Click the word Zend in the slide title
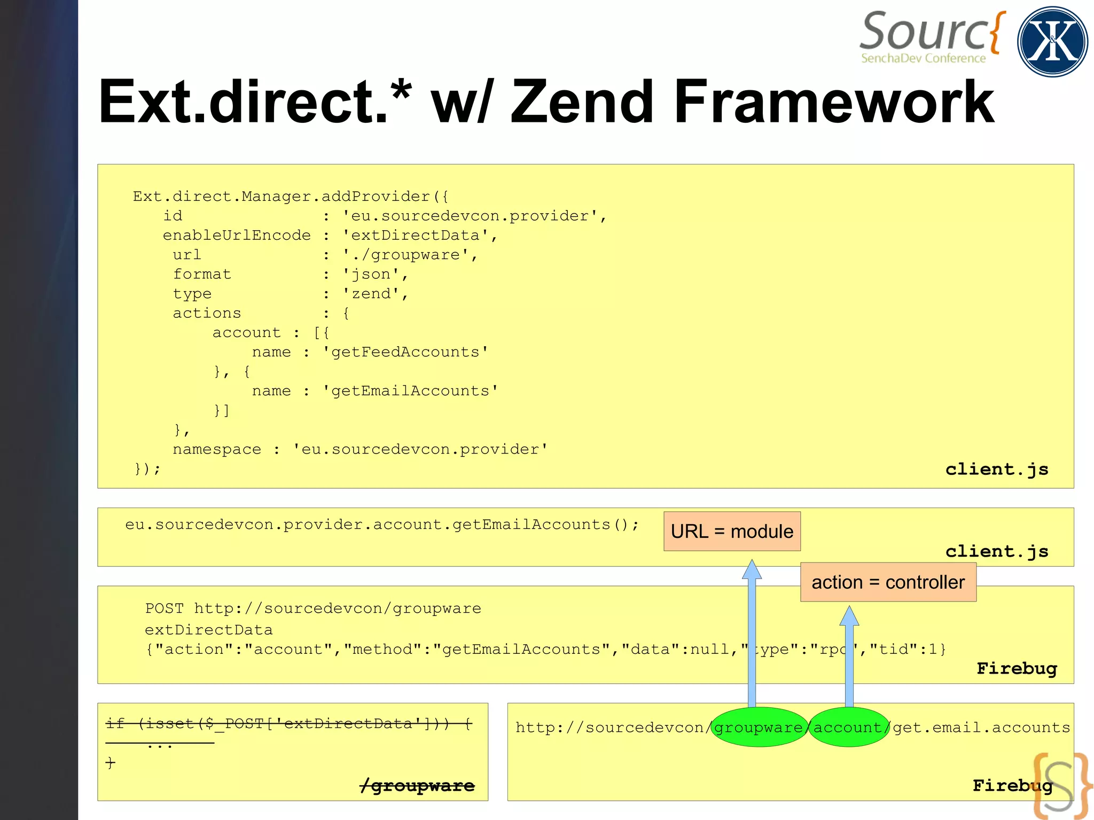click(x=582, y=101)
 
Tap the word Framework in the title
click(x=834, y=101)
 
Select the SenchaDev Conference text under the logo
click(x=923, y=58)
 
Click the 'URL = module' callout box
click(x=732, y=532)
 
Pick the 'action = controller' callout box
click(x=888, y=582)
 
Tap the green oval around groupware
click(x=759, y=727)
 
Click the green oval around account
click(x=848, y=727)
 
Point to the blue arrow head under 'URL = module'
click(x=752, y=570)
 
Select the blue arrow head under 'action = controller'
click(x=849, y=616)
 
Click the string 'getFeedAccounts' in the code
click(x=405, y=352)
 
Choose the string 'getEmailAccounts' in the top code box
click(x=410, y=391)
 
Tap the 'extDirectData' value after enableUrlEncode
click(x=415, y=236)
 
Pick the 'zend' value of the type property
click(x=371, y=294)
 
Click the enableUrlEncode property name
click(x=237, y=236)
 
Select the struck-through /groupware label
click(x=417, y=786)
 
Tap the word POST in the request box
click(x=164, y=608)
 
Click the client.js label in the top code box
click(x=997, y=469)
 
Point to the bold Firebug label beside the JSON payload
click(x=1017, y=668)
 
